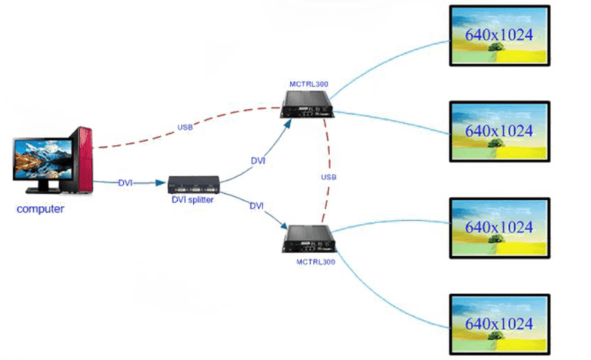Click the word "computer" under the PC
(40, 208)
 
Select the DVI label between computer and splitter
(126, 184)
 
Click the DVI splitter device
(194, 184)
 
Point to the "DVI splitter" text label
(194, 198)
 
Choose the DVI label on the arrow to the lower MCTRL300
(257, 206)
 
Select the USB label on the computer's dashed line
(185, 127)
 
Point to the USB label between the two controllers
(329, 178)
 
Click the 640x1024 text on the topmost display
(499, 35)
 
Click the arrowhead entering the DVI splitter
(164, 184)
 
